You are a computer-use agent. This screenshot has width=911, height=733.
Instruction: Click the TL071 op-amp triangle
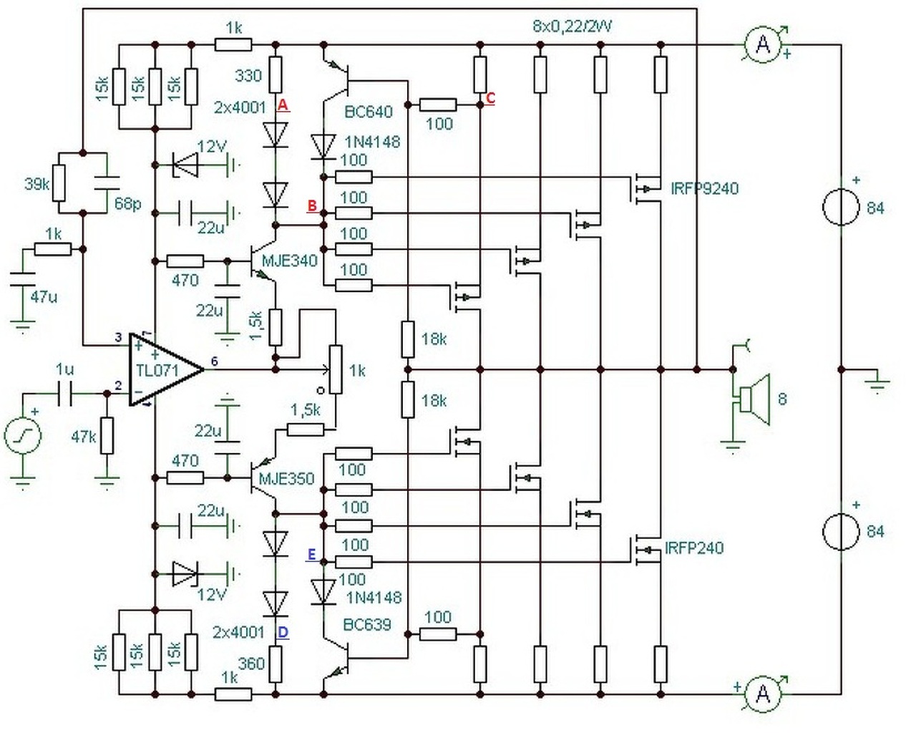pos(165,369)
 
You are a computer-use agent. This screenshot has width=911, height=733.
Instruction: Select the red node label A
pos(283,105)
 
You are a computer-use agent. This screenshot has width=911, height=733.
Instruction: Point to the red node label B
pos(312,206)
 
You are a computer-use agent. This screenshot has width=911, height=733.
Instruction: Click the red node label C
pos(489,98)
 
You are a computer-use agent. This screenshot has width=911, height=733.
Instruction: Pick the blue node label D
pos(283,633)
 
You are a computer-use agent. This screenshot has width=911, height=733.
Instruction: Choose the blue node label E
pos(311,555)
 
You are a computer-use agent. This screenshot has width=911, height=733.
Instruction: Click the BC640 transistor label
pos(369,112)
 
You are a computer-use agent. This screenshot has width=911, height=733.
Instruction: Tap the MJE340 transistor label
pos(290,261)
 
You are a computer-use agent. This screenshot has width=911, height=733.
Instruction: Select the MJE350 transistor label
pos(286,479)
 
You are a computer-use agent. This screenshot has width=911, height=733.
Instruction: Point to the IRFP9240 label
pos(705,188)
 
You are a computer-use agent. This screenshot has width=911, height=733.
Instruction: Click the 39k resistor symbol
pos(59,183)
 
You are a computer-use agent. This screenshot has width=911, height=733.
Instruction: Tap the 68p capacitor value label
pos(128,205)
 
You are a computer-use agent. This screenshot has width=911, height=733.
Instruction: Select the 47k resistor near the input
pos(107,436)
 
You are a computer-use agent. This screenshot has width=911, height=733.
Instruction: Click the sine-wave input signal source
pos(22,435)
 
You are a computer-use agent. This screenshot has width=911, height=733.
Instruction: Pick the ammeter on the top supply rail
pos(764,44)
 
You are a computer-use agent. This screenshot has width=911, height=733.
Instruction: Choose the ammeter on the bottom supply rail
pos(764,694)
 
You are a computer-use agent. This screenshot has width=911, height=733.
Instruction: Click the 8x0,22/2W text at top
pos(572,26)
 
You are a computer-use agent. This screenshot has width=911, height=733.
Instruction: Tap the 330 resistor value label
pos(248,76)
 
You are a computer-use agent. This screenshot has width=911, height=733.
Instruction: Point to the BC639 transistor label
pos(367,625)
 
